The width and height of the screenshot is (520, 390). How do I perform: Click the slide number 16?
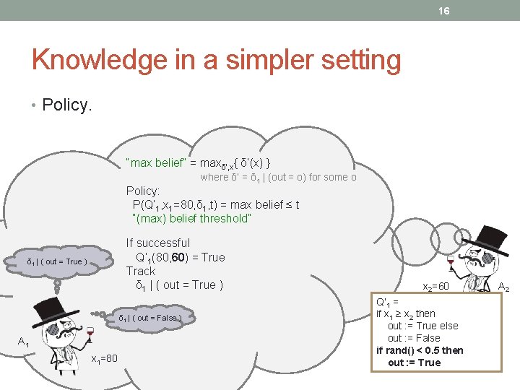pyautogui.click(x=443, y=11)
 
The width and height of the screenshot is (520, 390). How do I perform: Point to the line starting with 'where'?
pyautogui.click(x=278, y=177)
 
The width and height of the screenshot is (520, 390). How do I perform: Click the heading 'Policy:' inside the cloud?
pyautogui.click(x=143, y=191)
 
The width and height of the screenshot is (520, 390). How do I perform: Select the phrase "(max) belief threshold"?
pyautogui.click(x=191, y=218)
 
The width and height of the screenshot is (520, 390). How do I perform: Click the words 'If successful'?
pyautogui.click(x=158, y=243)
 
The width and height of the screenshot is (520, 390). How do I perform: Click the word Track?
pyautogui.click(x=141, y=271)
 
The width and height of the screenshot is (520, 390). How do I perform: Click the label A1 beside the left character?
pyautogui.click(x=24, y=342)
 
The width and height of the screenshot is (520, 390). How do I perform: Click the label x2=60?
pyautogui.click(x=435, y=287)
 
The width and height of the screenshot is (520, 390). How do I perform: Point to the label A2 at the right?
pyautogui.click(x=503, y=287)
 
